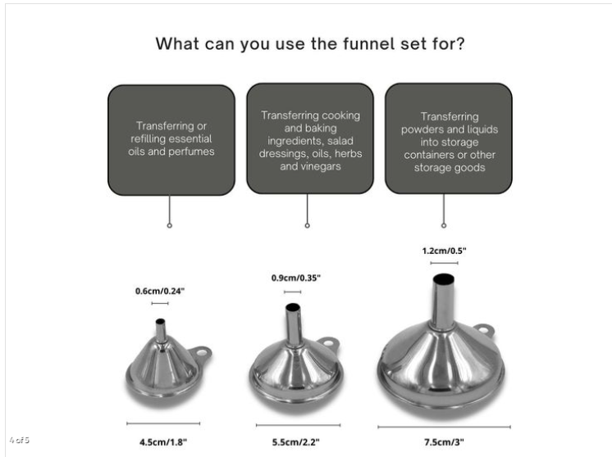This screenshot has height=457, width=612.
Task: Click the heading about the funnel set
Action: [x=311, y=43]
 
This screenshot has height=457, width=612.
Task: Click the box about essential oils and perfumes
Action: [x=171, y=138]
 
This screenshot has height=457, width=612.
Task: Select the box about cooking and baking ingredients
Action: [x=308, y=138]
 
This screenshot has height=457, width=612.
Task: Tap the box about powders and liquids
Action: [x=448, y=138]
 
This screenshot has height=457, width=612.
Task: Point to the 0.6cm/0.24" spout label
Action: [x=159, y=291]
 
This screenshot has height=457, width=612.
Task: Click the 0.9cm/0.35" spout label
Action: [x=295, y=278]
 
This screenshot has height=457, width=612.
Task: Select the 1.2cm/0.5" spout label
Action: [x=444, y=251]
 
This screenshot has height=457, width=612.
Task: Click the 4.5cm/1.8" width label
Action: [x=162, y=441]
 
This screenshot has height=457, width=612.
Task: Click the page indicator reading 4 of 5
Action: [x=19, y=441]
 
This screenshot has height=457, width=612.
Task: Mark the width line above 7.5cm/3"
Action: [x=444, y=427]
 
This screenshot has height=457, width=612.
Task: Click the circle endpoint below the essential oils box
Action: [x=170, y=224]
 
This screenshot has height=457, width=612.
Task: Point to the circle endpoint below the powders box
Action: [x=444, y=224]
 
